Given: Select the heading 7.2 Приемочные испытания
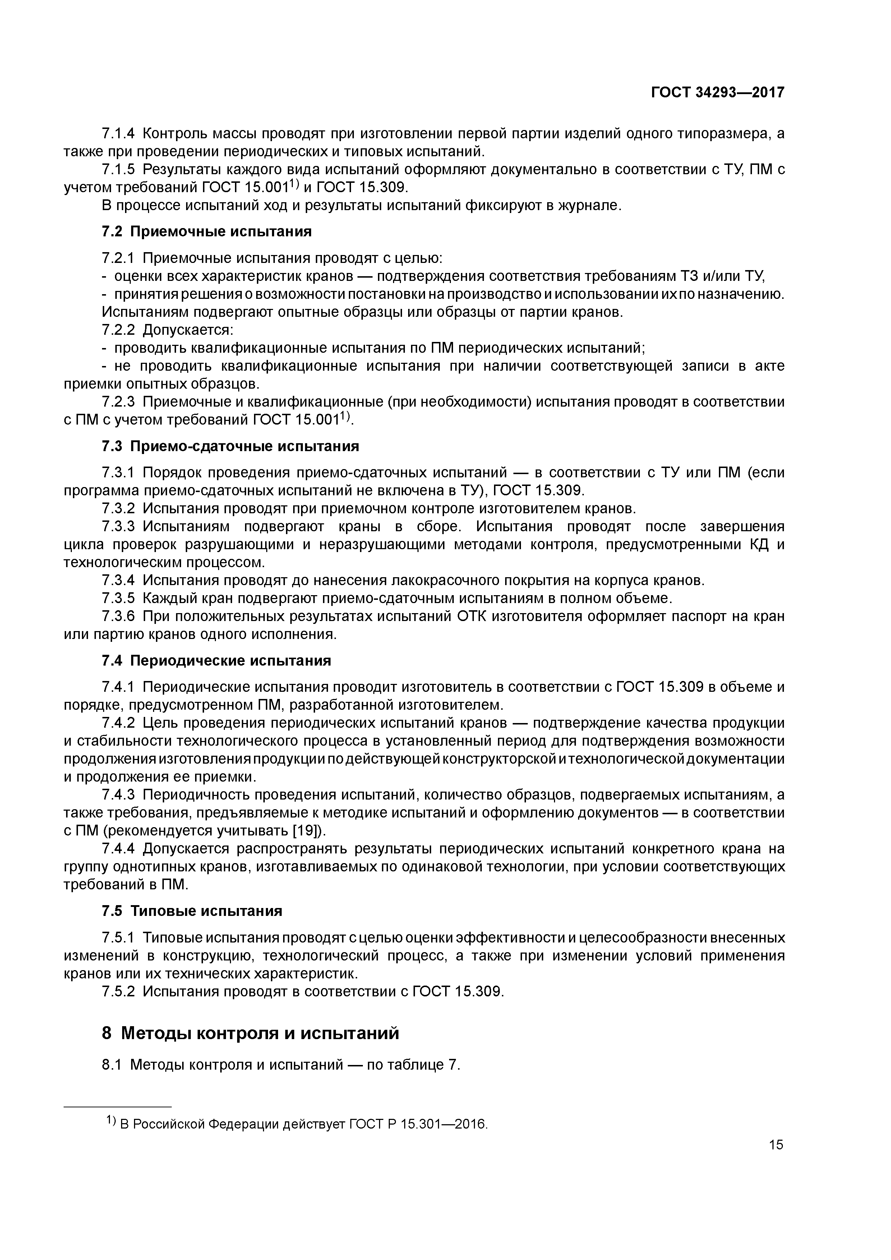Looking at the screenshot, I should (207, 232).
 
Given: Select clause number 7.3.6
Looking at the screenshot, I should (118, 617).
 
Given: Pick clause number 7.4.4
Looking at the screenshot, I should (118, 849).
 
